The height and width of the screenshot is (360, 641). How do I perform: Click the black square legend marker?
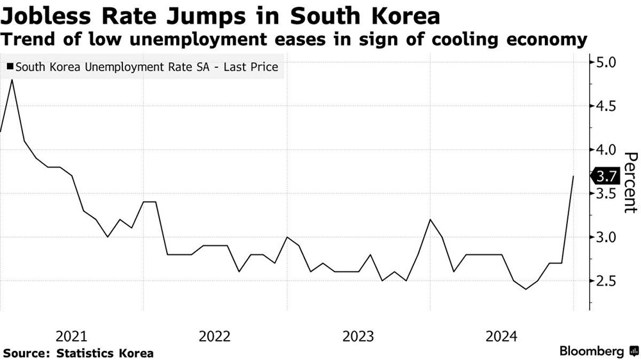coord(8,67)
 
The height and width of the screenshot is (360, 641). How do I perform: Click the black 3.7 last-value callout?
coord(605,176)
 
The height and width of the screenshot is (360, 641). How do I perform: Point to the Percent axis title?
coord(630,183)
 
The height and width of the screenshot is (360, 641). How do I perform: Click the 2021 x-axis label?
coord(72,336)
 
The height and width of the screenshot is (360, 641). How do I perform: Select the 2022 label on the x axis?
coord(215,336)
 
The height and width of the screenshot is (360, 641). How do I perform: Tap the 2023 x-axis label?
coord(358,336)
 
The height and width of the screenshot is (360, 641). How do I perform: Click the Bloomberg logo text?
coord(592,352)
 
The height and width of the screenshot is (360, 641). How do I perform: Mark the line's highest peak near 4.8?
coord(12,80)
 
